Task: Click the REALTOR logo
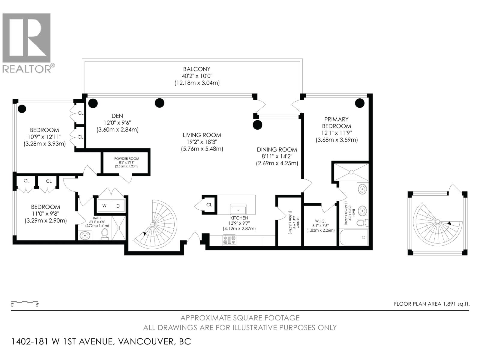pos(27,42)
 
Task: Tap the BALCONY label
pos(197,69)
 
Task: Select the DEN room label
pos(117,116)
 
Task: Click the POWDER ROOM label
pos(127,159)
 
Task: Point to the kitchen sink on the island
pos(238,209)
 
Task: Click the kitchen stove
pos(229,240)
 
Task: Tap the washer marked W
pos(104,206)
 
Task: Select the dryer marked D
pos(118,206)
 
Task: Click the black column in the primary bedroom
pos(360,103)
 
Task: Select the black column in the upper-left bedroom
pos(22,109)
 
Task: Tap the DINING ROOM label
pos(277,149)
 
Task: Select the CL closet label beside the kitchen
pos(209,205)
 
